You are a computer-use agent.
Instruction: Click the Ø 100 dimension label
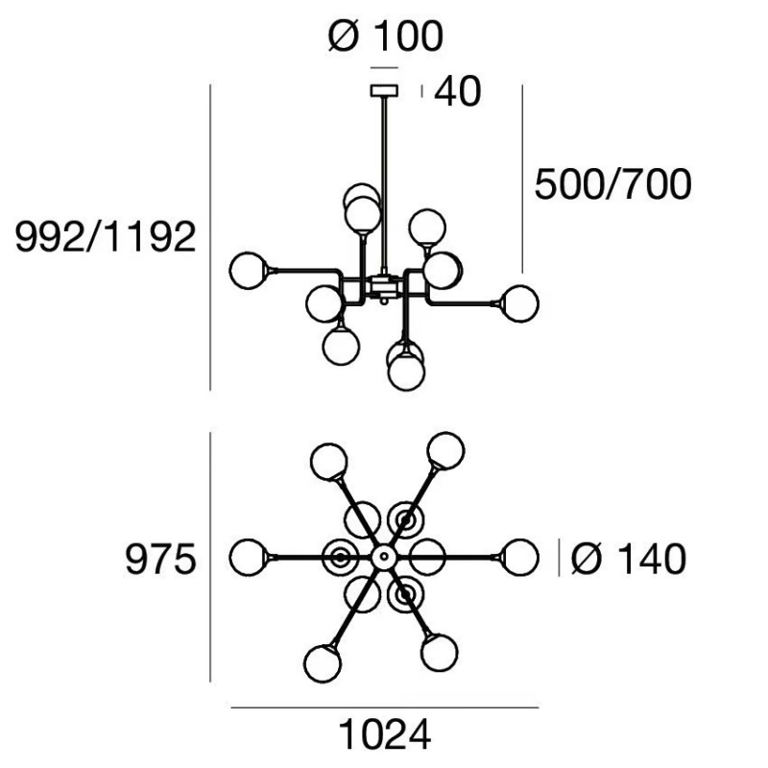point(386,36)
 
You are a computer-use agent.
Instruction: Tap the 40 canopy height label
point(458,91)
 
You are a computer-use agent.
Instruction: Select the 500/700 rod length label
point(612,184)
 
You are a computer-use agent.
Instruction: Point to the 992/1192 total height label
point(106,236)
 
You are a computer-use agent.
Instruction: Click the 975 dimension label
point(160,559)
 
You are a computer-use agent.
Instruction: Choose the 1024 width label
point(385,734)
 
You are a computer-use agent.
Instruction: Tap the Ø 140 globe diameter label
point(629,559)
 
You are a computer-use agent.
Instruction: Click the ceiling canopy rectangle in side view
point(384,90)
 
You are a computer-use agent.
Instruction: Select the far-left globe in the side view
point(249,271)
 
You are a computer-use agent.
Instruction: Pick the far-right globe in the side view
point(520,303)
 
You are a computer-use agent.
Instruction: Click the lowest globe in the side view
point(406,372)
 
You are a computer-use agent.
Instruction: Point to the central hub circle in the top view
point(384,557)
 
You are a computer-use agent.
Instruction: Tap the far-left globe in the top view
point(249,558)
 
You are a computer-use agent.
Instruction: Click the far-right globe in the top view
point(520,558)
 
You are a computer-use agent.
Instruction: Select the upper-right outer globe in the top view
point(445,450)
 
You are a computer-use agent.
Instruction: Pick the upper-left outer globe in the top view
point(329,462)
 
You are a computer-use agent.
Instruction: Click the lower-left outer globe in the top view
point(323,663)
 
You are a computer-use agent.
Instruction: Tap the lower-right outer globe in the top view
point(440,653)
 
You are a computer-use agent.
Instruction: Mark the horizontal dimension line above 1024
point(385,708)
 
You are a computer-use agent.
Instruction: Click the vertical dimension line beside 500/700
point(522,179)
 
